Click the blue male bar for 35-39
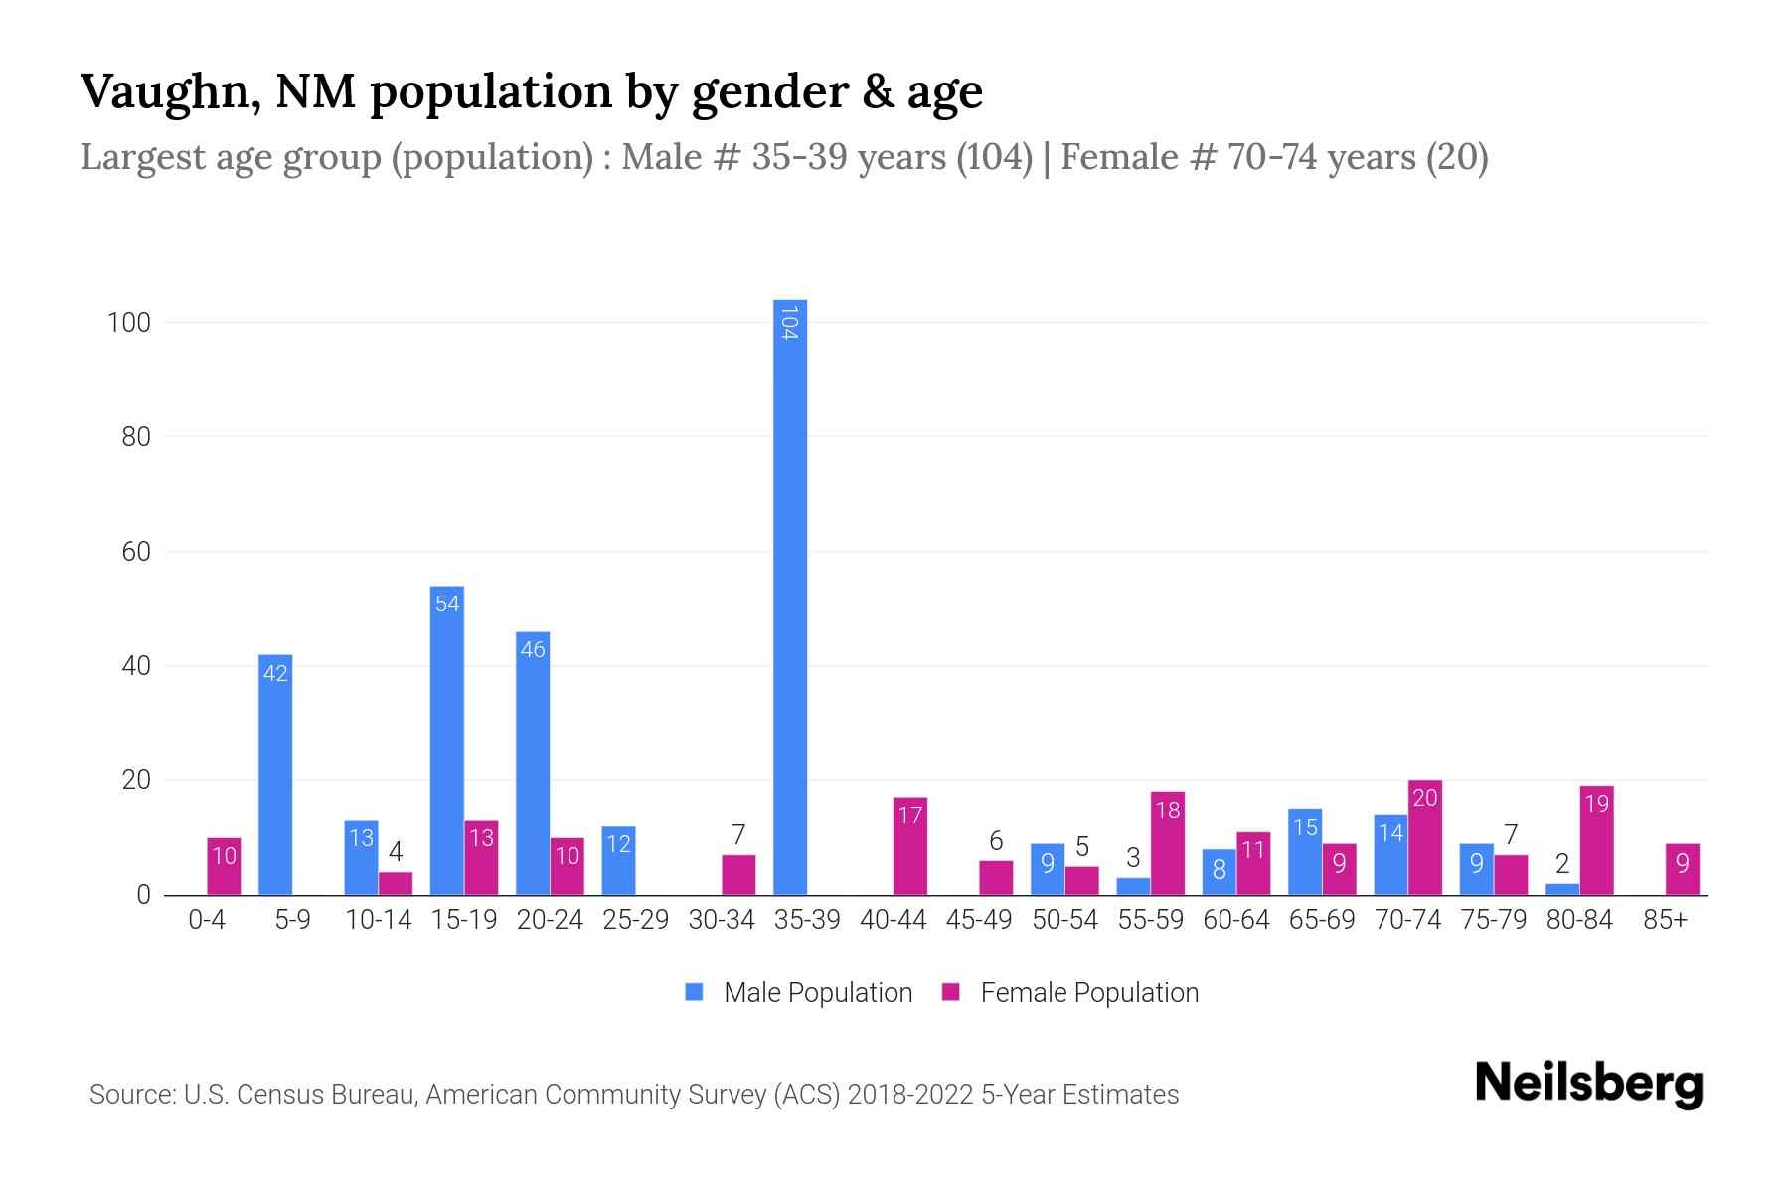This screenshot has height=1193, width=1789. [790, 596]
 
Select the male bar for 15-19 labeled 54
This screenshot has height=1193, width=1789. [447, 741]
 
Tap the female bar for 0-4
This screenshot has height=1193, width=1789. [224, 866]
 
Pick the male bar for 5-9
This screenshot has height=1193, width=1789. [275, 774]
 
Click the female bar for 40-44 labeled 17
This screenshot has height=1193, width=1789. [910, 846]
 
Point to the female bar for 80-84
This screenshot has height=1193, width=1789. [1596, 840]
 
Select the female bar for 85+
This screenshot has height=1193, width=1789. [1682, 869]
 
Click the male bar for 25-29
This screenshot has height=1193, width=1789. [618, 860]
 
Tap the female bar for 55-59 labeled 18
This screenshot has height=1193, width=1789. [1167, 843]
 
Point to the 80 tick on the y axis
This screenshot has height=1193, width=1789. [136, 437]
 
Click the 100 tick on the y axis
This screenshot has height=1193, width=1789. [129, 323]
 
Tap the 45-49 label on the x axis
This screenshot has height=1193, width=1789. [978, 920]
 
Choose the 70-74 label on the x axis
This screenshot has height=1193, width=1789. [1407, 920]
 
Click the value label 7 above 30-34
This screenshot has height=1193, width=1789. [738, 834]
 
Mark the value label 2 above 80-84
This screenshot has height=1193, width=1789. [1561, 864]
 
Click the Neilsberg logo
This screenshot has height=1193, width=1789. [1588, 1083]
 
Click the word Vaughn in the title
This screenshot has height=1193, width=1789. [170, 91]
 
